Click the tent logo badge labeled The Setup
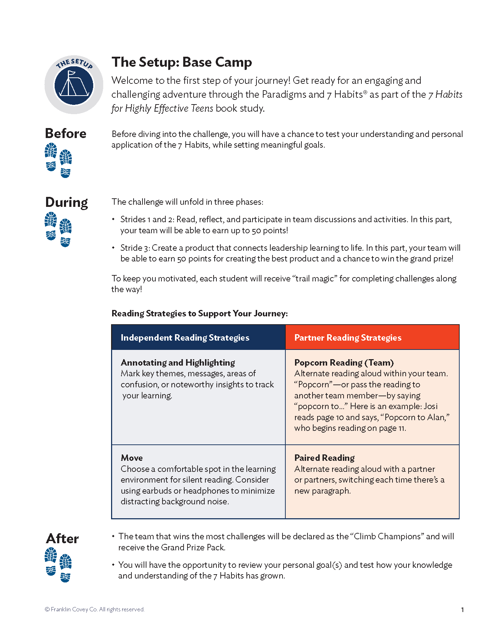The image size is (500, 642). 74,85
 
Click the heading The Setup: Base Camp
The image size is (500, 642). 182,62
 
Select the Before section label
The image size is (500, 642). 66,133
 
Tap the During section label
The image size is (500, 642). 66,202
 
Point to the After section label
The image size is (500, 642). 62,539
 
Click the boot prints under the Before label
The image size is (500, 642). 58,160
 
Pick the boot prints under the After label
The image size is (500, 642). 58,565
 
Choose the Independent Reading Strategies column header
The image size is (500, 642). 185,338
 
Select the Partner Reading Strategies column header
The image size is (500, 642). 348,338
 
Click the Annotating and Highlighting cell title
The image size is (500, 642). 178,363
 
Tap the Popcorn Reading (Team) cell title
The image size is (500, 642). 344,363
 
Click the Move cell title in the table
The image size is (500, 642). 132,458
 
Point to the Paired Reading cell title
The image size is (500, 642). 324,458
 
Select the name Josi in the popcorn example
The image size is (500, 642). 431,406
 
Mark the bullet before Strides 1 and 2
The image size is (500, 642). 114,219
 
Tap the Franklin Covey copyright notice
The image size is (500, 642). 95,610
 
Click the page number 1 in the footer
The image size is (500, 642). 462,610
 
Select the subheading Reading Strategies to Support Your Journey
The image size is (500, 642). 200,314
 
